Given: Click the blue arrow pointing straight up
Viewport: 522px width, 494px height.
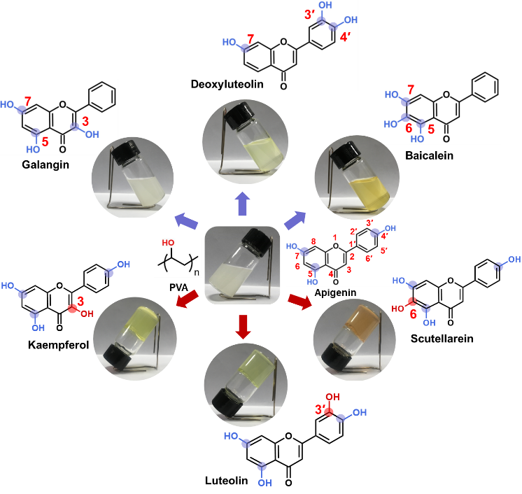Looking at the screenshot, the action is [x=242, y=205].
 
